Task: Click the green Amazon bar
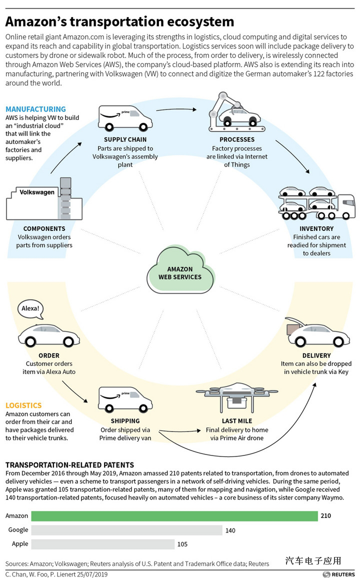click(174, 515)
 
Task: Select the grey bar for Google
click(127, 530)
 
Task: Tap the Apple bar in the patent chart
click(103, 544)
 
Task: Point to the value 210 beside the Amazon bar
click(325, 515)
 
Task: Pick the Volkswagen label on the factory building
click(37, 192)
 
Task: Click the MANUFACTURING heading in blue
click(35, 109)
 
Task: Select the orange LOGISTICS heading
click(23, 405)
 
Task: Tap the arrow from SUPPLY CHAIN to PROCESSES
click(176, 109)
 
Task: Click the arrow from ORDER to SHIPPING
click(75, 391)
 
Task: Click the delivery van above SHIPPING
click(125, 399)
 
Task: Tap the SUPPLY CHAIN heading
click(125, 139)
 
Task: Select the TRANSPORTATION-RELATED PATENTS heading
click(69, 465)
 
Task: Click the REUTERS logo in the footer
click(339, 574)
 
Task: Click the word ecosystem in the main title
click(200, 21)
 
